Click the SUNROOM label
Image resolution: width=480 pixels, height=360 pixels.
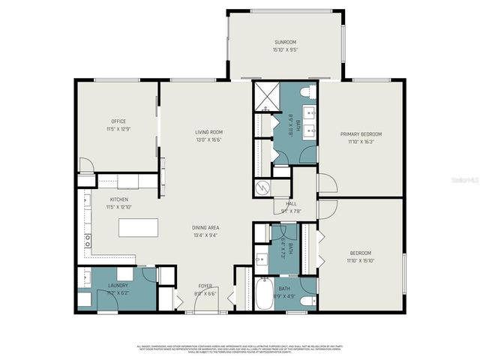click(x=284, y=42)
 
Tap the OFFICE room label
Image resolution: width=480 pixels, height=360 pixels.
click(x=118, y=121)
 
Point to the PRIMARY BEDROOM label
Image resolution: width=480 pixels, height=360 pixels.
click(x=360, y=134)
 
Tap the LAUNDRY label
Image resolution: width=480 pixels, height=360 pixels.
click(x=118, y=286)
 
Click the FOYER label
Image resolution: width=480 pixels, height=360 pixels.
click(x=205, y=286)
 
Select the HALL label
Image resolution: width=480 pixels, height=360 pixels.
click(x=291, y=202)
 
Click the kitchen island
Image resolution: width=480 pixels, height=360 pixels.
click(x=139, y=227)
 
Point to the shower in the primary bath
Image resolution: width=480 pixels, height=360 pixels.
click(x=265, y=96)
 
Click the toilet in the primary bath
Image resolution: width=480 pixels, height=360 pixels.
click(x=306, y=91)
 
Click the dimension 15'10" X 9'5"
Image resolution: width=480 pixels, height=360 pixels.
click(x=284, y=49)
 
